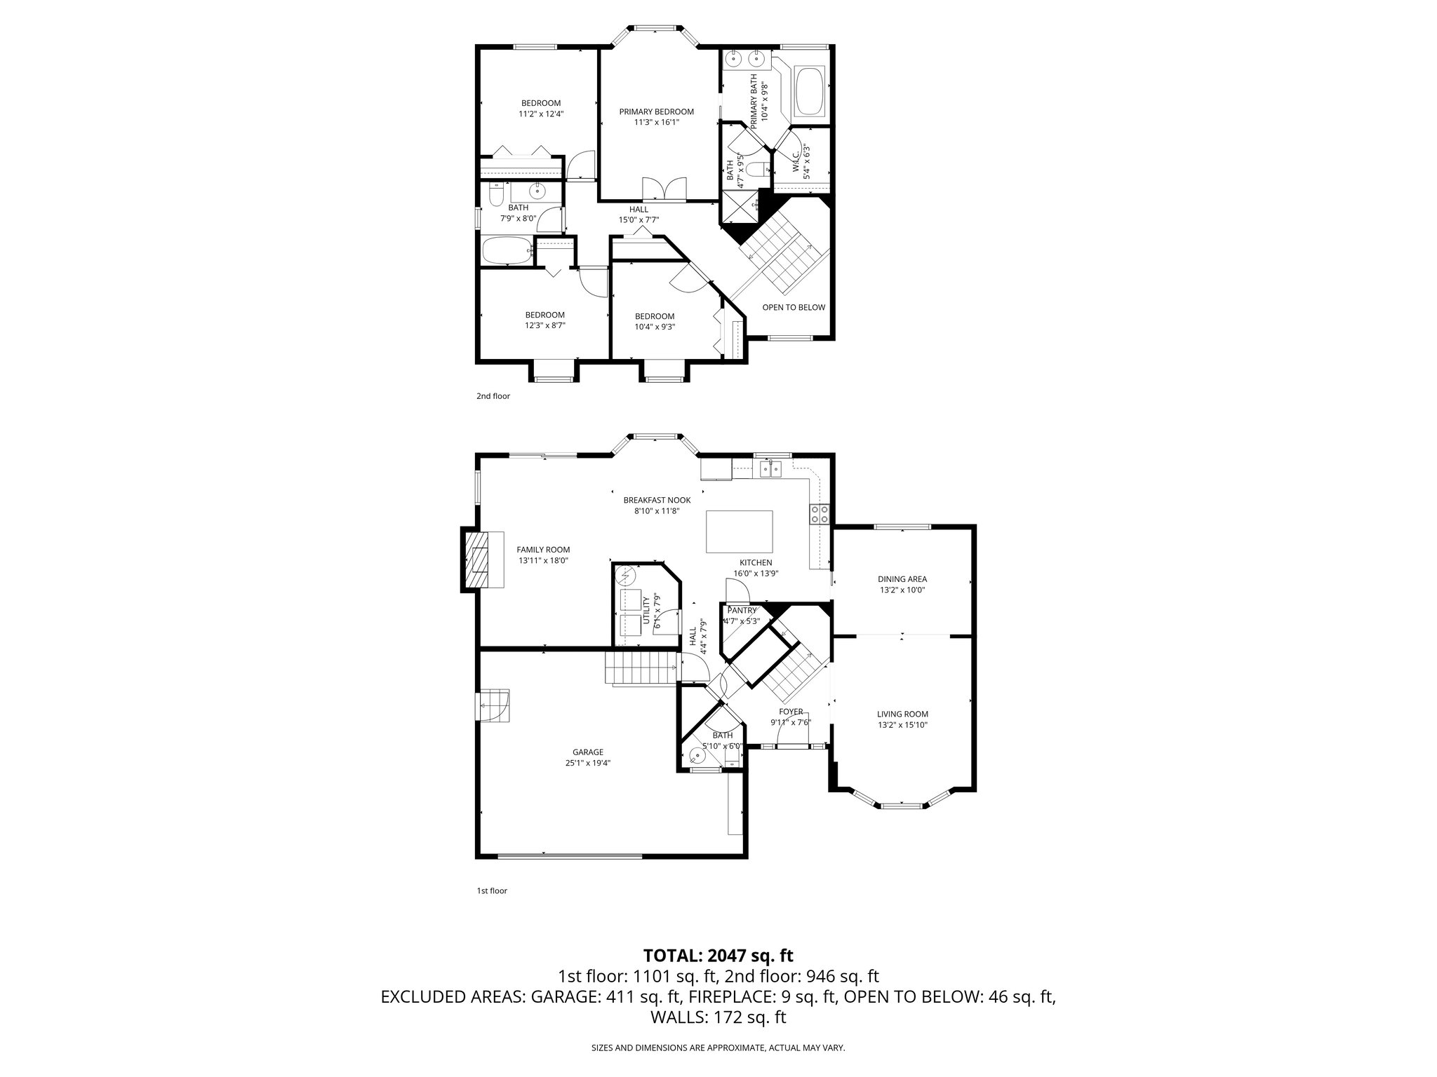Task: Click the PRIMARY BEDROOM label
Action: tap(656, 112)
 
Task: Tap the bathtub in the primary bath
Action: tap(810, 91)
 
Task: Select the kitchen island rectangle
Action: tap(740, 532)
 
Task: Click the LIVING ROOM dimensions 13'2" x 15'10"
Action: tap(902, 725)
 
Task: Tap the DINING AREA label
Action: tap(902, 579)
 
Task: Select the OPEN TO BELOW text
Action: tap(794, 307)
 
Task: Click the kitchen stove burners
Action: tap(820, 514)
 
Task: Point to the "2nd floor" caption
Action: tap(493, 396)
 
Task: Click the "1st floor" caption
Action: tap(492, 891)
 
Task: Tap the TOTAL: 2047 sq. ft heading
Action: tap(718, 955)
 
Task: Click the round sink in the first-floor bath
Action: tap(696, 757)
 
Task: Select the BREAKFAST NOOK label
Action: tap(657, 500)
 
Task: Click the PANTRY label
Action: tap(742, 611)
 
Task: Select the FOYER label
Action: tap(791, 712)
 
